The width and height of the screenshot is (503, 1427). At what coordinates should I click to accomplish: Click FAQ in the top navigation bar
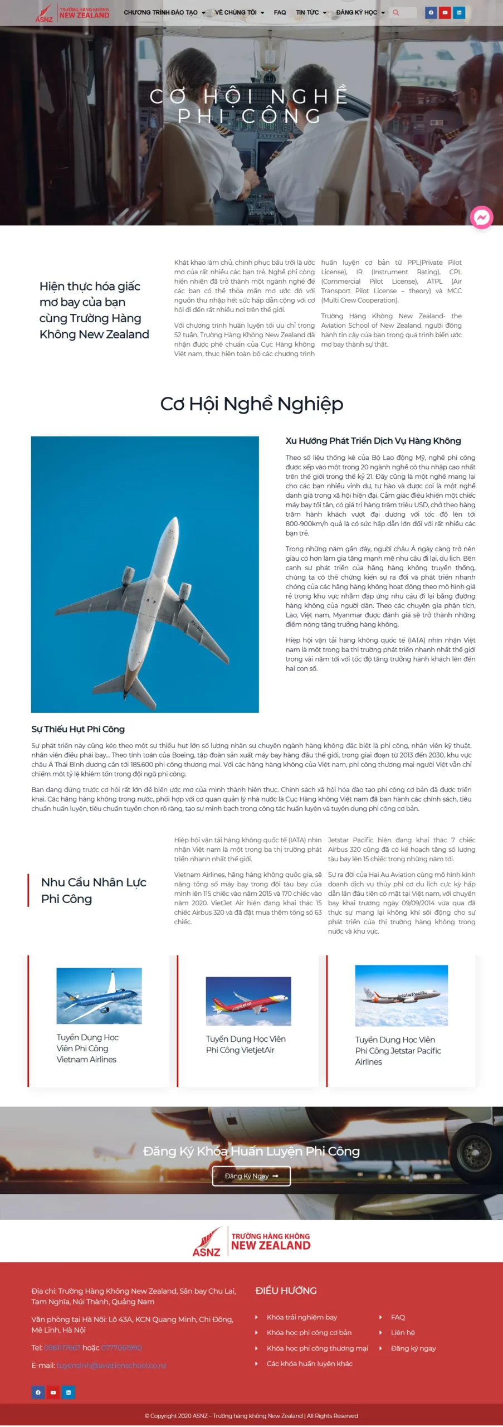pos(280,12)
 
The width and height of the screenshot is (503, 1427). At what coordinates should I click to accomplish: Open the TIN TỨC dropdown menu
pos(311,12)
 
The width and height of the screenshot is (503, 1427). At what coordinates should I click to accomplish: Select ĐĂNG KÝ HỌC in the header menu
pos(360,12)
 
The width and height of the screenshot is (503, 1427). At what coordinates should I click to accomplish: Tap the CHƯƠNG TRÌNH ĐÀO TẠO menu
pos(164,12)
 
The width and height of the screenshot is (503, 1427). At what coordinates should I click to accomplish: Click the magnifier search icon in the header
pos(396,12)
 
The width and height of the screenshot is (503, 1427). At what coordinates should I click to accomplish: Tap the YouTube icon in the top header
pos(445,12)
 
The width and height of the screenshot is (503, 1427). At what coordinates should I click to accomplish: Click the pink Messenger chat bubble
pos(482,217)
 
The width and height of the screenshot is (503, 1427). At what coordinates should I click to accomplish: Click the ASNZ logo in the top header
pos(72,13)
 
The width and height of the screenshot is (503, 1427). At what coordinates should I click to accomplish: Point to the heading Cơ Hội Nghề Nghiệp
pos(252,404)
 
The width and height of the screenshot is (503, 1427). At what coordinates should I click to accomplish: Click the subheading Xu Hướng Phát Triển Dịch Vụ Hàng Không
pos(373,441)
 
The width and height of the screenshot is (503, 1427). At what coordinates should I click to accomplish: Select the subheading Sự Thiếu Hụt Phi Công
pos(78,729)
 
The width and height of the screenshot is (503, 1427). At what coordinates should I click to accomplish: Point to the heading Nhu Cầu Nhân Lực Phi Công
pos(94,890)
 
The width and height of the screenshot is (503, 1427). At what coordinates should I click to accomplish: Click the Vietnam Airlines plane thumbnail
pos(99,996)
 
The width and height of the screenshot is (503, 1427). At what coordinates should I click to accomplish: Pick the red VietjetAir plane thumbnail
pos(248,1001)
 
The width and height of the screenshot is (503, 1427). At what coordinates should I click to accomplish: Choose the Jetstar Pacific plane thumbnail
pos(402,996)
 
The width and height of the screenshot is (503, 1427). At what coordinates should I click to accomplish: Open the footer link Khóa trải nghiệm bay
pos(302,1317)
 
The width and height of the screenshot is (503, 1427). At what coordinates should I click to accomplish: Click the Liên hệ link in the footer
pos(403,1333)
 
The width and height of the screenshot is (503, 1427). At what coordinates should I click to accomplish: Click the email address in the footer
pos(111,1366)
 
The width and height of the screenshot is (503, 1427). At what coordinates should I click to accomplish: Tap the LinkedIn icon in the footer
pos(69,1392)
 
